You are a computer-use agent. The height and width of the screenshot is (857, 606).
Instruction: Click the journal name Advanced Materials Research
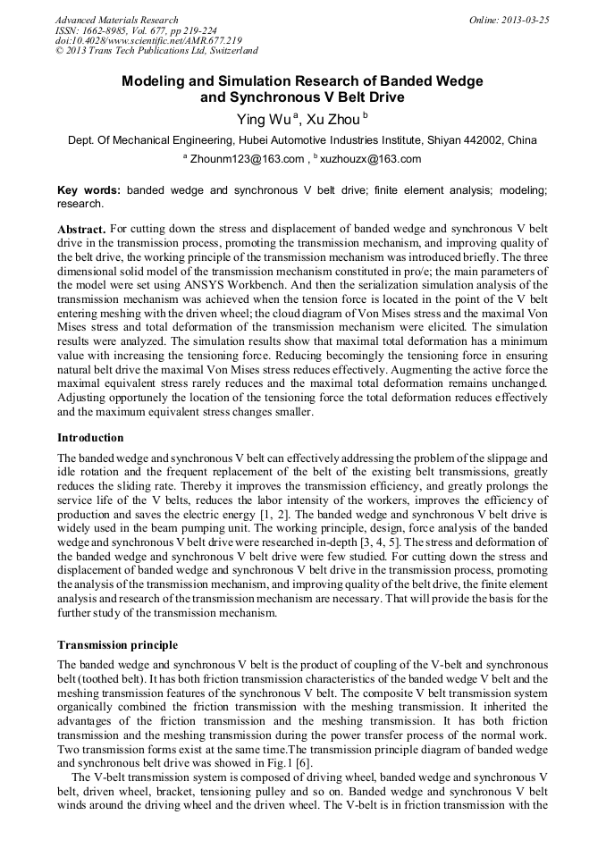click(117, 20)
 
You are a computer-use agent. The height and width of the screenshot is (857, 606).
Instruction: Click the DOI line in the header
click(148, 41)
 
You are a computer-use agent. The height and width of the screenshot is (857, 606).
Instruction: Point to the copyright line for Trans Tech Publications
click(156, 51)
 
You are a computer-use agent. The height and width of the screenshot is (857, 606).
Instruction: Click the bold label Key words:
click(89, 191)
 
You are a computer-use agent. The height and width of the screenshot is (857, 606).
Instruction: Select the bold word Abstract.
click(82, 230)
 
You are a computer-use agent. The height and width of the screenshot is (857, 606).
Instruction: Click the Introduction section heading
click(90, 438)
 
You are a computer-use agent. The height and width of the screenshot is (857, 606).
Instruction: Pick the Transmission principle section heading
click(117, 645)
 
